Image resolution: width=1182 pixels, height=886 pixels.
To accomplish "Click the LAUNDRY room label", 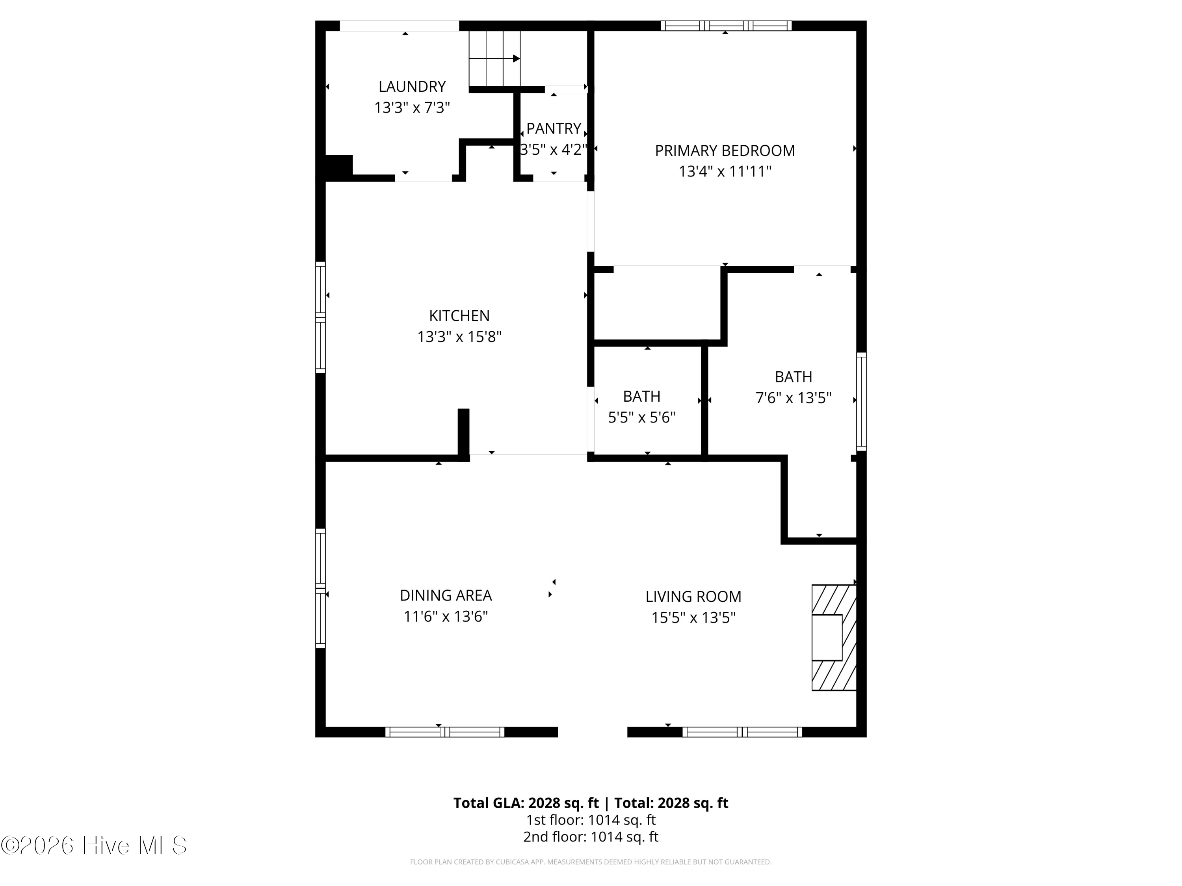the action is pyautogui.click(x=412, y=87).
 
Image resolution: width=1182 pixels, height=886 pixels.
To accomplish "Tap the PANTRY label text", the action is pyautogui.click(x=554, y=129).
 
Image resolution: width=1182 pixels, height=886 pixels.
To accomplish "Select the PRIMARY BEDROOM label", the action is pyautogui.click(x=725, y=150).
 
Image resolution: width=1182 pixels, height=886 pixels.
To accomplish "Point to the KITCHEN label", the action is pyautogui.click(x=459, y=316).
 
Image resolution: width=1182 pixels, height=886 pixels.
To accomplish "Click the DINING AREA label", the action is pyautogui.click(x=446, y=595).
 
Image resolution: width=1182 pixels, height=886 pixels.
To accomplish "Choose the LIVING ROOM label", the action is pyautogui.click(x=693, y=597).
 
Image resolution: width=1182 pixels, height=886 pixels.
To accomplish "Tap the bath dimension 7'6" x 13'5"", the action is pyautogui.click(x=794, y=398).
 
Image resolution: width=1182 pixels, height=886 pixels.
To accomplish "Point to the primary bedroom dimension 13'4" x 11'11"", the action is pyautogui.click(x=725, y=171).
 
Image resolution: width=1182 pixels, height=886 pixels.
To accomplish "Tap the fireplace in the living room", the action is pyautogui.click(x=834, y=638).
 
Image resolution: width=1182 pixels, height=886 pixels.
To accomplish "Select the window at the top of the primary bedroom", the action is pyautogui.click(x=726, y=26).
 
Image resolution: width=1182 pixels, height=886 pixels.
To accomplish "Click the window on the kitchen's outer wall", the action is pyautogui.click(x=320, y=318).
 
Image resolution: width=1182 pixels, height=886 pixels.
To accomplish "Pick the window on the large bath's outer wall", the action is pyautogui.click(x=861, y=402).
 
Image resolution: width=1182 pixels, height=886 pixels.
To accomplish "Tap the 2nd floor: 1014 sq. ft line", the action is pyautogui.click(x=591, y=837).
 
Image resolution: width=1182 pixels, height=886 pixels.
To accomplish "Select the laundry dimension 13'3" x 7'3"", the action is pyautogui.click(x=412, y=108).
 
